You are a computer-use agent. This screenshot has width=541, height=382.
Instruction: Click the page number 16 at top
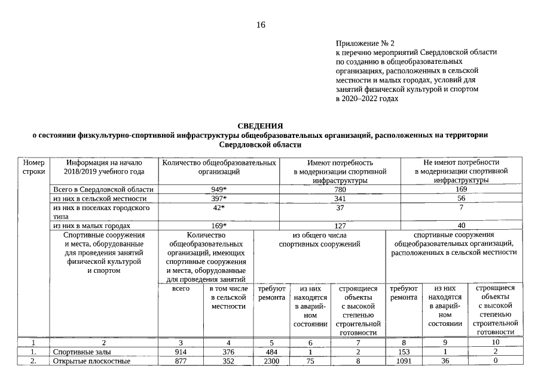click(260, 25)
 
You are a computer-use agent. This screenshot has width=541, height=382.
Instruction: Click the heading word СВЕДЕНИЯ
click(260, 126)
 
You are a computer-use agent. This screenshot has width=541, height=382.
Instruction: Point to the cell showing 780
click(340, 189)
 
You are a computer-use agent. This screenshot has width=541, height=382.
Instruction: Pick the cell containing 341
click(340, 198)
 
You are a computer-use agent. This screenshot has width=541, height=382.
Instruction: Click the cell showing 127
click(340, 226)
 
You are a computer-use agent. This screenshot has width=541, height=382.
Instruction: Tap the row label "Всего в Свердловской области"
click(96, 189)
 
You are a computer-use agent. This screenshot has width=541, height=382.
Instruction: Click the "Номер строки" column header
click(33, 167)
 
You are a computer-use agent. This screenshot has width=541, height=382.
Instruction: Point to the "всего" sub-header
click(181, 288)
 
